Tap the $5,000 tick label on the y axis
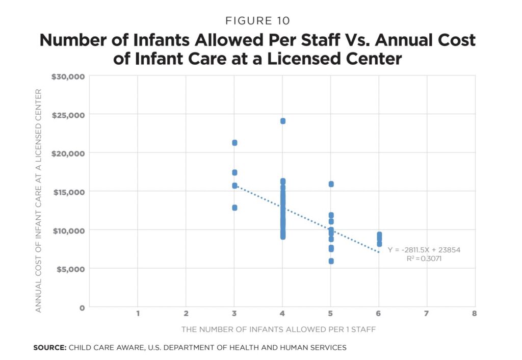[70, 269]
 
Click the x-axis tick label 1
[138, 313]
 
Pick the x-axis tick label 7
[426, 313]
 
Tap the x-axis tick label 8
[474, 313]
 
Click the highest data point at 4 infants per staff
[282, 121]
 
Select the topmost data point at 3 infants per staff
[234, 143]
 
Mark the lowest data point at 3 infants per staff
[234, 208]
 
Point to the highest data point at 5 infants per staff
[331, 184]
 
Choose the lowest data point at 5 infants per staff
[331, 261]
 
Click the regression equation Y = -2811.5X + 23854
[424, 250]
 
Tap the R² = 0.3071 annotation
[424, 259]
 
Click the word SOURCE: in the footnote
[49, 348]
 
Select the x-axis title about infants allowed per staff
[278, 329]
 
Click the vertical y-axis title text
[38, 200]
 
